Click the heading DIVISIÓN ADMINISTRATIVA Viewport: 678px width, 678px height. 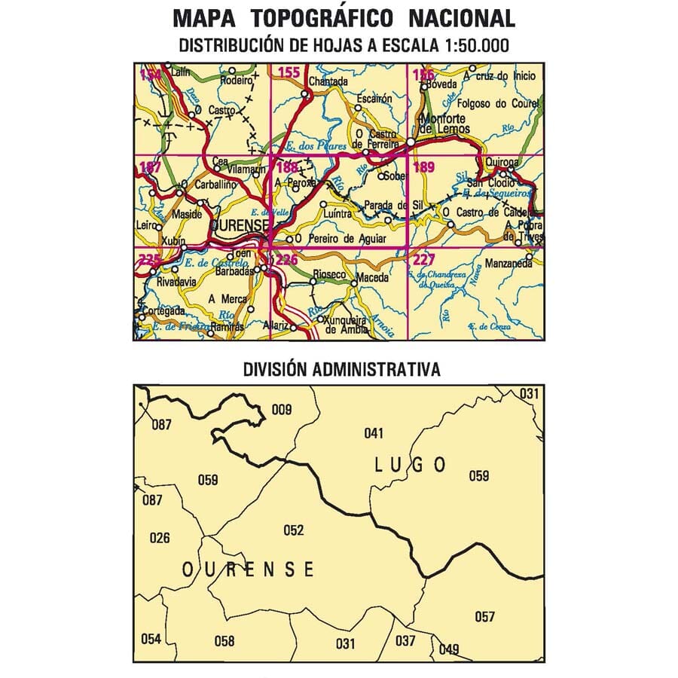click(x=341, y=370)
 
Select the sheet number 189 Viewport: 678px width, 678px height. click(x=424, y=167)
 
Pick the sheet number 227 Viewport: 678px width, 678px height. click(x=424, y=261)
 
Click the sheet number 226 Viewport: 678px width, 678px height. click(x=287, y=261)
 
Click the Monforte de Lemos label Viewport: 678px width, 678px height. click(x=447, y=124)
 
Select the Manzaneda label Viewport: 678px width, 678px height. click(x=505, y=265)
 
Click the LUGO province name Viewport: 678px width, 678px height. click(x=410, y=465)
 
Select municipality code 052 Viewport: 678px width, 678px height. click(x=293, y=530)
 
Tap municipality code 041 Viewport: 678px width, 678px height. click(x=374, y=433)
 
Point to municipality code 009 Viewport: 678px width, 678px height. click(x=281, y=410)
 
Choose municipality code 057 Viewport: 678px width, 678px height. click(x=485, y=617)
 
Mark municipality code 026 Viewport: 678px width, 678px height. click(x=160, y=538)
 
